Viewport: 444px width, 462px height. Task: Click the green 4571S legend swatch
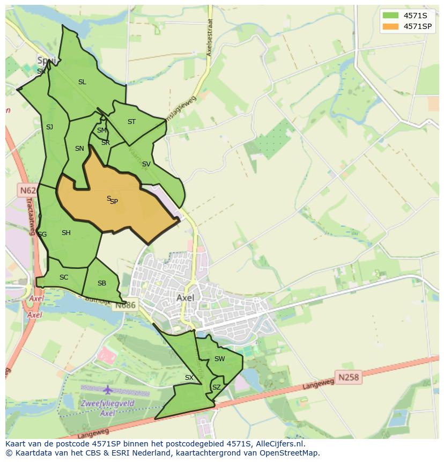(390, 16)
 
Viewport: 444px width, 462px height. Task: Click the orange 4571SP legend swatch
(390, 26)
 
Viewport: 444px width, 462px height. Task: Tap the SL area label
(82, 82)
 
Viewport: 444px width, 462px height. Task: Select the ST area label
(131, 122)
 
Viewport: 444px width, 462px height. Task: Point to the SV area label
(146, 164)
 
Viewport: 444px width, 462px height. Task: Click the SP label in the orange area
(114, 202)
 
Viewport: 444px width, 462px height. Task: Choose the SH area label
(66, 233)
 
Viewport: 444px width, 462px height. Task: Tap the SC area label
(64, 277)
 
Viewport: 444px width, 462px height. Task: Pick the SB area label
(102, 283)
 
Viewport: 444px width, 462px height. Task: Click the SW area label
(219, 359)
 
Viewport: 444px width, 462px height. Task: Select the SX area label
(189, 378)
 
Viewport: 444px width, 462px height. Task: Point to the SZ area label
(216, 387)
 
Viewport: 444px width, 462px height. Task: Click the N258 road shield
(349, 378)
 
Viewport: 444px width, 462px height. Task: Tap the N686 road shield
(126, 305)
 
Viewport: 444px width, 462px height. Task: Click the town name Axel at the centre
(186, 297)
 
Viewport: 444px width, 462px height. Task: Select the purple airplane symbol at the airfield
(108, 390)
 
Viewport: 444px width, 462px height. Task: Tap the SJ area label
(49, 127)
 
